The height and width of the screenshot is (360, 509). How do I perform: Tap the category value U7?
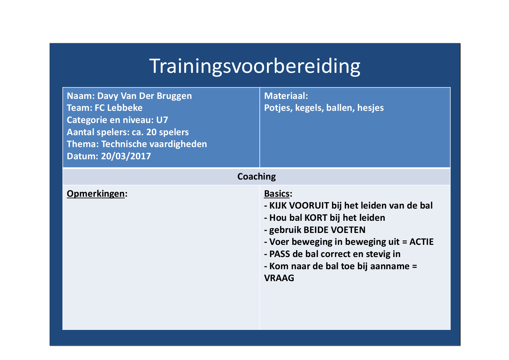[x=162, y=120]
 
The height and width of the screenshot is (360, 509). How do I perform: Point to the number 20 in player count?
[x=151, y=132]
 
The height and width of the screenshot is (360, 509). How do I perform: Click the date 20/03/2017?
[x=126, y=156]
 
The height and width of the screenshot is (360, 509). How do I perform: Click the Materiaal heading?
[x=286, y=96]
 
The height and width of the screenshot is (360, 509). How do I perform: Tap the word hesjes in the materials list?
[x=370, y=108]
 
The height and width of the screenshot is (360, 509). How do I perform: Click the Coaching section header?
[x=257, y=177]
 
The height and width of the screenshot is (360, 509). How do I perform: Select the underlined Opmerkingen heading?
[x=96, y=194]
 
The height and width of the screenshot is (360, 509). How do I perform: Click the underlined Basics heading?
[x=277, y=193]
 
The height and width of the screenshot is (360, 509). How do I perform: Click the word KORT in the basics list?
[x=316, y=218]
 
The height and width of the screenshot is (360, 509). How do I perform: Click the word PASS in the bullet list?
[x=280, y=254]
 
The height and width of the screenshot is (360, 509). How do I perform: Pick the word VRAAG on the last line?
[x=279, y=278]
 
